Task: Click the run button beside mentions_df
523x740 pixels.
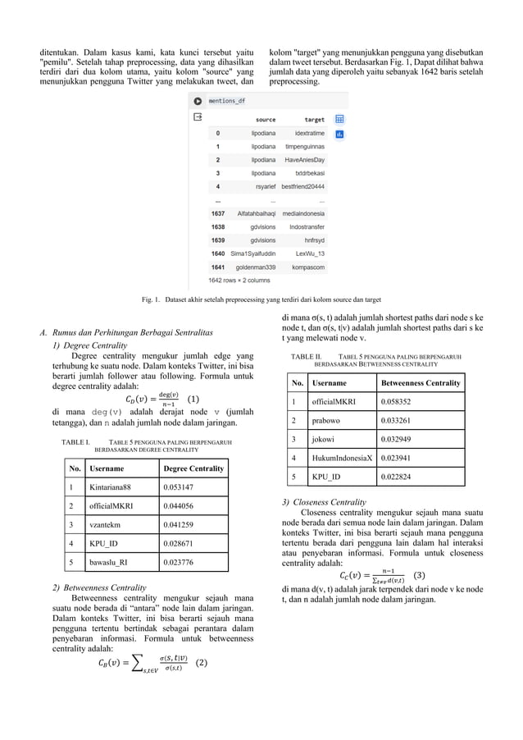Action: click(197, 101)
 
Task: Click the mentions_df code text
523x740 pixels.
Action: click(226, 101)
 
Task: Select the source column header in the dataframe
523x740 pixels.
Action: click(265, 120)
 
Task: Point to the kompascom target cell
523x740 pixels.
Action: click(308, 267)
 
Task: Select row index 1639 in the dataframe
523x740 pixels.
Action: click(217, 240)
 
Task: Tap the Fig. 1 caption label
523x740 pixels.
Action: click(152, 299)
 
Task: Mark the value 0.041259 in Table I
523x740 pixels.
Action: click(180, 524)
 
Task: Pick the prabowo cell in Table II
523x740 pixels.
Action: click(329, 420)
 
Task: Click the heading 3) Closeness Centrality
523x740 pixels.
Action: click(324, 501)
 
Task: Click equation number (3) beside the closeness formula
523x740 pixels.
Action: click(420, 575)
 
